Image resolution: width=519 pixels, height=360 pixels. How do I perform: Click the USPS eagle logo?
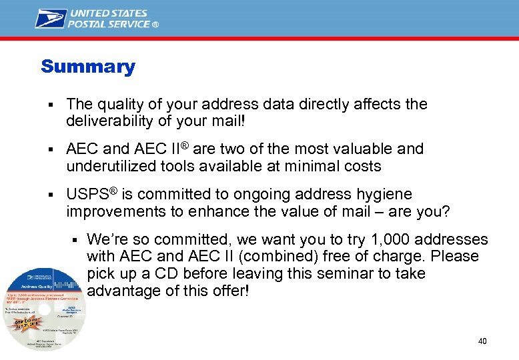51,18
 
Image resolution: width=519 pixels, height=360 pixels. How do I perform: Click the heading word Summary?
87,67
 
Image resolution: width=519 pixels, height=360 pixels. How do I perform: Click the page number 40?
482,341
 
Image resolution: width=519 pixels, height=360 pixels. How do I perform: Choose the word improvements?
115,212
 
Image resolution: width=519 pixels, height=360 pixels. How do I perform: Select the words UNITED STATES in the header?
109,13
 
